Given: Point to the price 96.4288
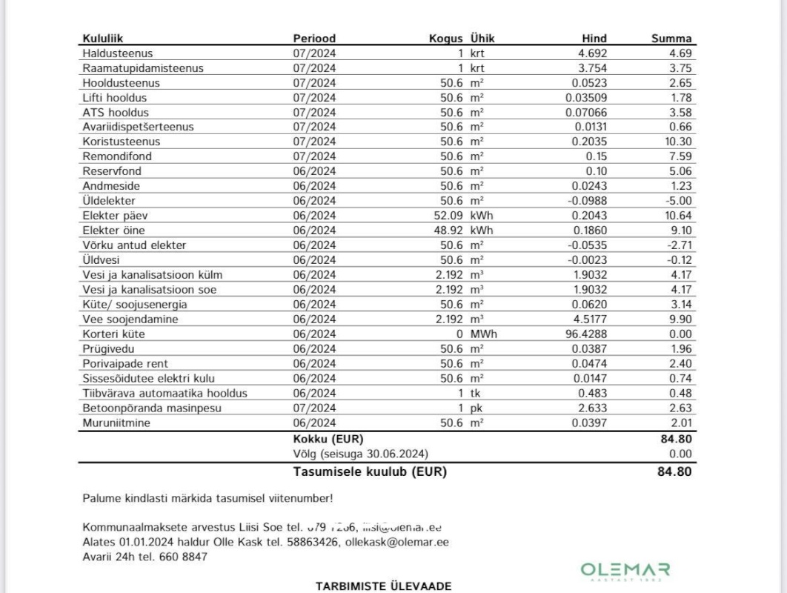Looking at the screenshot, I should (x=587, y=334).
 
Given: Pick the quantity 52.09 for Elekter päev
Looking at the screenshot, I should (x=448, y=215).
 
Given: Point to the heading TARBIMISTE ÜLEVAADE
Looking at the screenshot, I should (x=383, y=586).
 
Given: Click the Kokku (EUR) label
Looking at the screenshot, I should (x=328, y=440).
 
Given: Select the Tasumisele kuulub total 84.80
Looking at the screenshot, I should (x=674, y=471).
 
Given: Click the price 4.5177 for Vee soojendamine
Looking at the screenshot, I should (x=589, y=319).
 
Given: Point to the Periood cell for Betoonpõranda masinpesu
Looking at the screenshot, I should (x=315, y=408).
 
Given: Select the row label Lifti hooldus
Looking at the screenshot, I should (x=115, y=97).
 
